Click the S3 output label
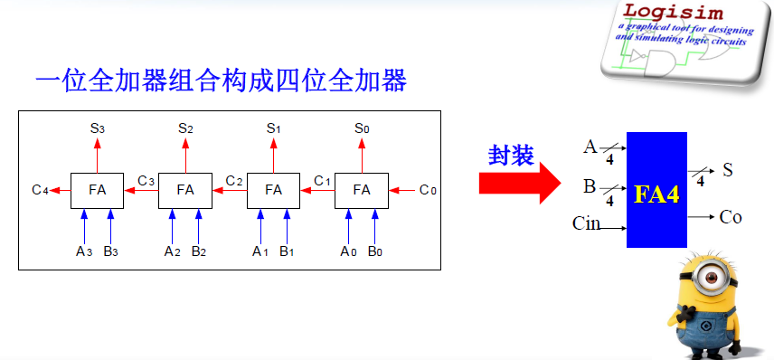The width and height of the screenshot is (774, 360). click(x=97, y=128)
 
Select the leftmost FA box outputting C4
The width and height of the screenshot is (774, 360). click(x=97, y=190)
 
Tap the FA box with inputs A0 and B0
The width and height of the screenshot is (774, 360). click(x=362, y=190)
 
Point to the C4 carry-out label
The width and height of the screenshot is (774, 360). click(x=39, y=190)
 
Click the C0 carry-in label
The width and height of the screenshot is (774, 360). click(x=429, y=190)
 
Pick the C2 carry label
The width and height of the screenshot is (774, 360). click(x=234, y=182)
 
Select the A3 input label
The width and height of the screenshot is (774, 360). click(x=83, y=251)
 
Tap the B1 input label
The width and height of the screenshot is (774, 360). click(x=288, y=251)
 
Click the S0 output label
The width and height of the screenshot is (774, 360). click(x=362, y=128)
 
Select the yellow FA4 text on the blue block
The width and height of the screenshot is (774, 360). click(x=656, y=194)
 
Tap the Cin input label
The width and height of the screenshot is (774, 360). click(x=587, y=223)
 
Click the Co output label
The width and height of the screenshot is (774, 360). click(x=731, y=217)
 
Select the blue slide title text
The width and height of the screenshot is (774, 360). click(x=221, y=81)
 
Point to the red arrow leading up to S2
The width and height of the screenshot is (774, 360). click(x=185, y=154)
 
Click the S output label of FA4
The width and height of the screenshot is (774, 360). click(x=728, y=170)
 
